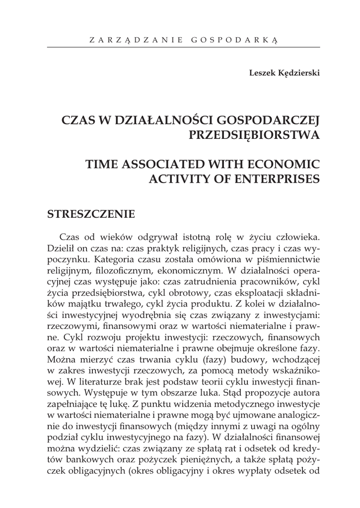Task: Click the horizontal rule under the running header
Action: coord(183,48)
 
